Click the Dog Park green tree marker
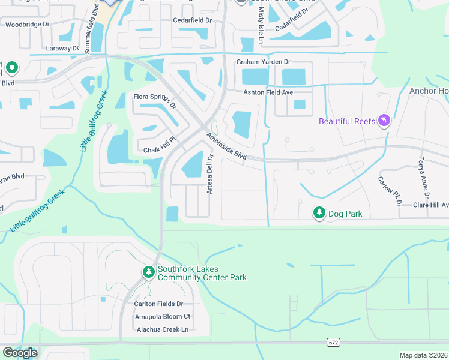pyautogui.click(x=319, y=213)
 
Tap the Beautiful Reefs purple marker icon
pyautogui.click(x=384, y=121)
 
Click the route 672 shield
pyautogui.click(x=334, y=342)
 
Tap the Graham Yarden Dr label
pyautogui.click(x=263, y=62)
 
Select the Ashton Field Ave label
pyautogui.click(x=268, y=92)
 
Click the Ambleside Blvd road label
pyautogui.click(x=227, y=146)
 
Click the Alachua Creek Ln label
pyautogui.click(x=162, y=329)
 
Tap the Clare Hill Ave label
pyautogui.click(x=430, y=205)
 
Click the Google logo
pyautogui.click(x=20, y=353)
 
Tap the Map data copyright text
pyautogui.click(x=424, y=355)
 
